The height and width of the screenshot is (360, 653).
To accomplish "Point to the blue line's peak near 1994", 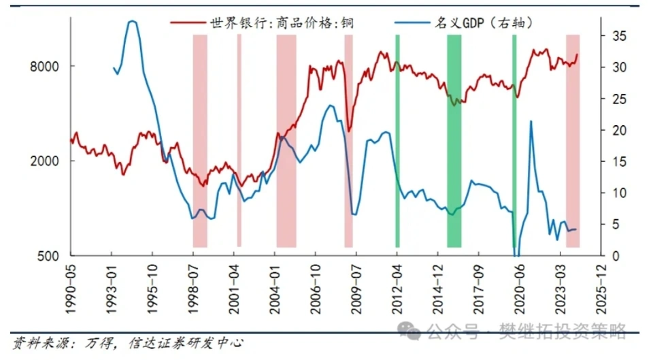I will [132, 22].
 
